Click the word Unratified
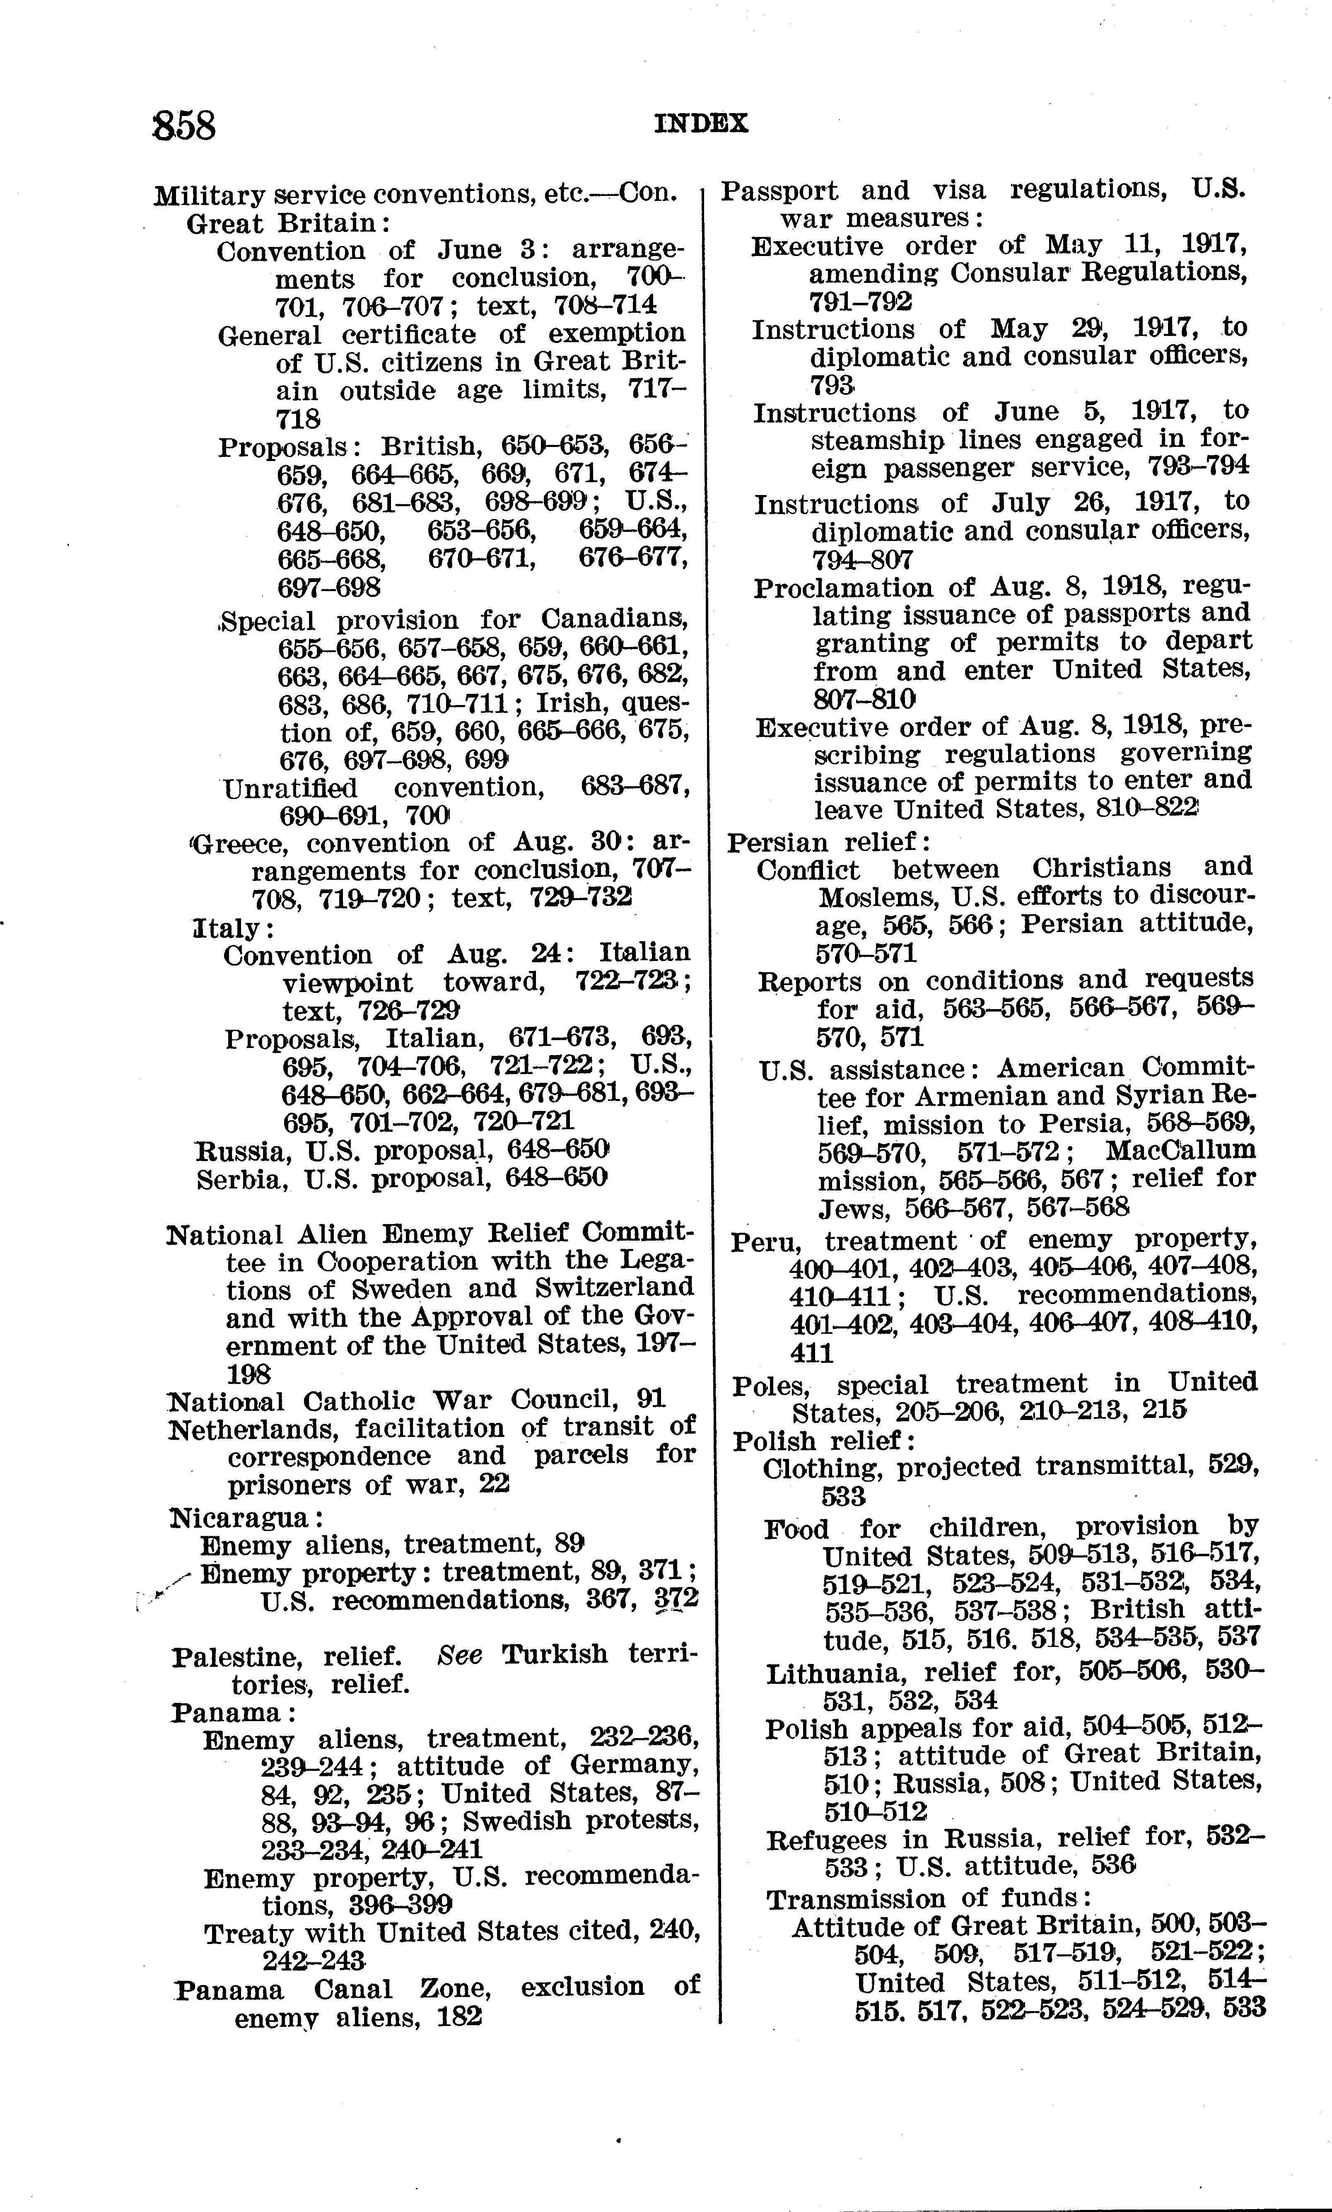(289, 788)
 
